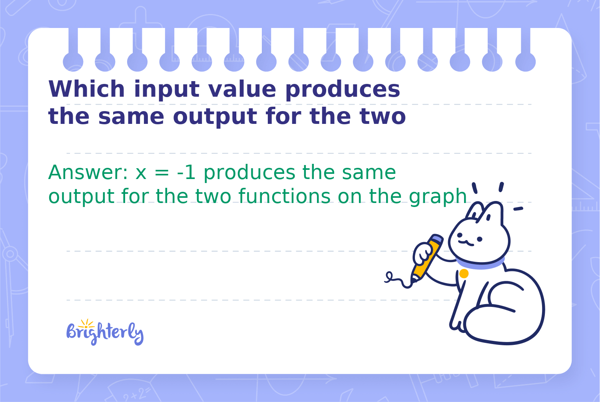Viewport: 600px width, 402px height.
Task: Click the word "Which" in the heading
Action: pos(86,89)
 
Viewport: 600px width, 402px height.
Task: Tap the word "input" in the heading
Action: pos(167,90)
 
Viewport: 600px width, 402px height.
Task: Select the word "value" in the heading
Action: pos(242,89)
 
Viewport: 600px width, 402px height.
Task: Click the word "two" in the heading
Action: pos(383,117)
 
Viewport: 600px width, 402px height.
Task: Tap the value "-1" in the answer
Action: pos(186,173)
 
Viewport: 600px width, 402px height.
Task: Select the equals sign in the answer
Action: pos(162,173)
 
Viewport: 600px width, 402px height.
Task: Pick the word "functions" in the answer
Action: pos(285,196)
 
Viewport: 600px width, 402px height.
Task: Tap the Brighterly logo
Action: pos(105,332)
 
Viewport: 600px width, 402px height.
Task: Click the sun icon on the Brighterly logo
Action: pos(86,324)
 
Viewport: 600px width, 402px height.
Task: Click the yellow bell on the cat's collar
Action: pos(464,273)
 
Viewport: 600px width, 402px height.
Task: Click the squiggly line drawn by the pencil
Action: pos(398,280)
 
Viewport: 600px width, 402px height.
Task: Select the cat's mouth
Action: pos(466,243)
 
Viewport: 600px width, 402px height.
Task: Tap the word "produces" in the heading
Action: pos(343,90)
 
